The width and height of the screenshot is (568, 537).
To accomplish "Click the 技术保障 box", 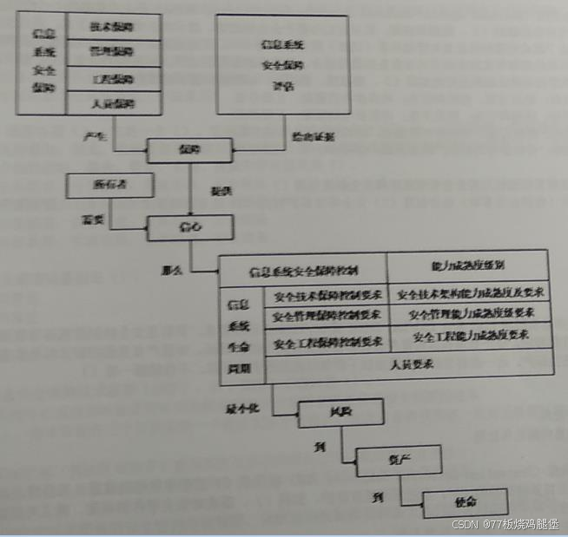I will [x=113, y=26].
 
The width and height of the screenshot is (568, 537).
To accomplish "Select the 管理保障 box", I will [x=113, y=53].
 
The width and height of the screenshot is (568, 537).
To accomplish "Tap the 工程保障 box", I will [x=113, y=79].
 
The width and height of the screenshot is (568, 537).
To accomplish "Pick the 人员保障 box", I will [x=113, y=103].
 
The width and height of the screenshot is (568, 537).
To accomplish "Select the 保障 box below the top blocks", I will [x=189, y=150].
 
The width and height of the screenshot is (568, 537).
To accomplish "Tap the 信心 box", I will [x=189, y=227].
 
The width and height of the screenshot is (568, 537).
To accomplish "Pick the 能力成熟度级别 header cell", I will [x=467, y=265].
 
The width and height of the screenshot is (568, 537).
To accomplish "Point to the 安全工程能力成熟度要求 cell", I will [x=471, y=336].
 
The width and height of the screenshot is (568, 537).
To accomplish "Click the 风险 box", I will [x=329, y=412].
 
